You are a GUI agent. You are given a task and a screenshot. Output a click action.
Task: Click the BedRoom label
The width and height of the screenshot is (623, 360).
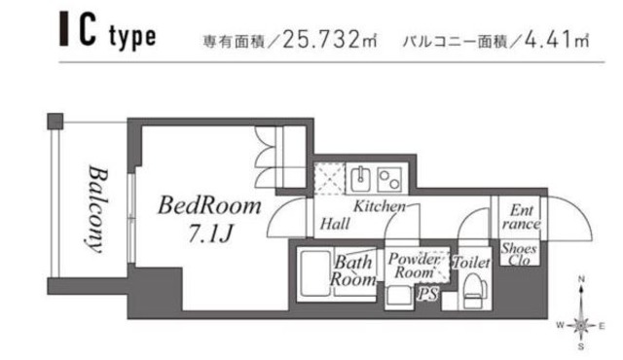pos(210,206)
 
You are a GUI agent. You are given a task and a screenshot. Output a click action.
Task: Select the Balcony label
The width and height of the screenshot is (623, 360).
pos(95,208)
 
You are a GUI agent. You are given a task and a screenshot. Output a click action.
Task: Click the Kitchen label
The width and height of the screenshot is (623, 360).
pos(379,207)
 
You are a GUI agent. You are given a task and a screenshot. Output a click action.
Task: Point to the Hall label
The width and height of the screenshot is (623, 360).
pos(335,225)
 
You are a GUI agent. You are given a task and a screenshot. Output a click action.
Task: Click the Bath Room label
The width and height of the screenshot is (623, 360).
pos(352,270)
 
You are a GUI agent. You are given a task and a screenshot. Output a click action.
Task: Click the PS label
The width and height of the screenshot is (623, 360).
pos(425,292)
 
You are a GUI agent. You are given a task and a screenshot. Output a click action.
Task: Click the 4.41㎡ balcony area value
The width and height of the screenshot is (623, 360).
pos(559,42)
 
